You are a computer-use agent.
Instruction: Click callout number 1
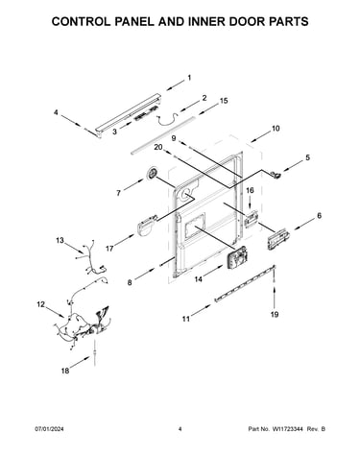(189, 78)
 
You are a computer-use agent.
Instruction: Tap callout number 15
(224, 101)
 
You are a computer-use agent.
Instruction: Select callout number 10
(276, 129)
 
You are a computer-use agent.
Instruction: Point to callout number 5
(307, 157)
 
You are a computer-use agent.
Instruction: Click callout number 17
(109, 248)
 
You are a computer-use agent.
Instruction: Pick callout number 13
(60, 240)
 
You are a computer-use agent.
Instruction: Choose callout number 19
(275, 314)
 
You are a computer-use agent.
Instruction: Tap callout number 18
(65, 371)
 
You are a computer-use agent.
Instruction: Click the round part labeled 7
(153, 174)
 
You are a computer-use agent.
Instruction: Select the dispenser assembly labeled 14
(236, 258)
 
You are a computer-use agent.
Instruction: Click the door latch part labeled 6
(278, 239)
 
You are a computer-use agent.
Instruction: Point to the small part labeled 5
(276, 174)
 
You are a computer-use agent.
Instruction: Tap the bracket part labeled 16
(252, 219)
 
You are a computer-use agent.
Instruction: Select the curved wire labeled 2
(167, 119)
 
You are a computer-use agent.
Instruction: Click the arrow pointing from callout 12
(56, 312)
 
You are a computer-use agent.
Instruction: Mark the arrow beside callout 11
(201, 310)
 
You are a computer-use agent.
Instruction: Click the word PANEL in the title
(127, 21)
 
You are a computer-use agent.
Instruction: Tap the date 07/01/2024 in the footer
(49, 429)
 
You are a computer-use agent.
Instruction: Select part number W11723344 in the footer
(287, 429)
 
